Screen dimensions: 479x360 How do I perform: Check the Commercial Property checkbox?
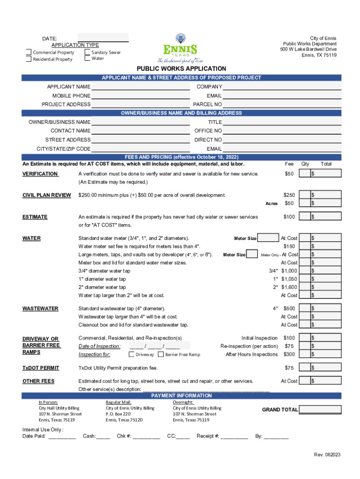pos(29,52)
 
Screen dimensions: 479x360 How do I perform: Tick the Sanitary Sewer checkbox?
pos(87,52)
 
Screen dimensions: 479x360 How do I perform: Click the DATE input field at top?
pos(103,37)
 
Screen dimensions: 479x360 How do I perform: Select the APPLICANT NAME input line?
pos(141,87)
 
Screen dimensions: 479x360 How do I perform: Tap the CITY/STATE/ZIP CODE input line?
pos(141,149)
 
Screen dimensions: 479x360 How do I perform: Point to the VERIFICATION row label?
pos(40,174)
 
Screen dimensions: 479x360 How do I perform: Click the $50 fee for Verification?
pos(289,174)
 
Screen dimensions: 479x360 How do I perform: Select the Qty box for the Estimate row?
pos(304,217)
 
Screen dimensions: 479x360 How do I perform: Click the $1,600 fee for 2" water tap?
pos(289,287)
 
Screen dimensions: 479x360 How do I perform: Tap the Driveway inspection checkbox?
pos(131,354)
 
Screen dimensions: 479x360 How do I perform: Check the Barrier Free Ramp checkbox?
pos(161,354)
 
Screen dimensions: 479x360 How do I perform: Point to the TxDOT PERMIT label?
pos(41,368)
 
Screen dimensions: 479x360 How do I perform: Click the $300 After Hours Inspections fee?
pos(289,354)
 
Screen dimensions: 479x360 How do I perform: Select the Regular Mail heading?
pos(118,402)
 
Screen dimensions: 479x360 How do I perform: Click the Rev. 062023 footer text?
pos(327,455)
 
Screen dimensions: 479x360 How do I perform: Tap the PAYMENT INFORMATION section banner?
pos(181,395)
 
